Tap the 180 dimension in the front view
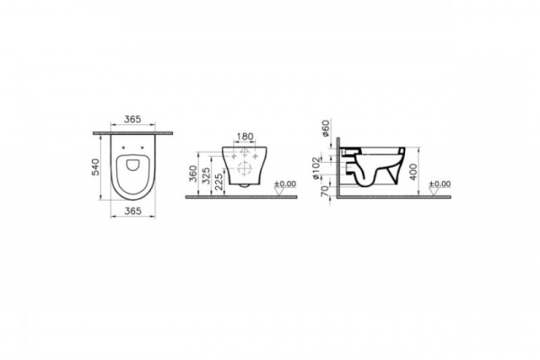(x=244, y=137)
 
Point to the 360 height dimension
(x=193, y=174)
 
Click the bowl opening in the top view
(x=133, y=167)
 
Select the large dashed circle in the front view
(x=244, y=167)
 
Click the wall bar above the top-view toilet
(x=133, y=133)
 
